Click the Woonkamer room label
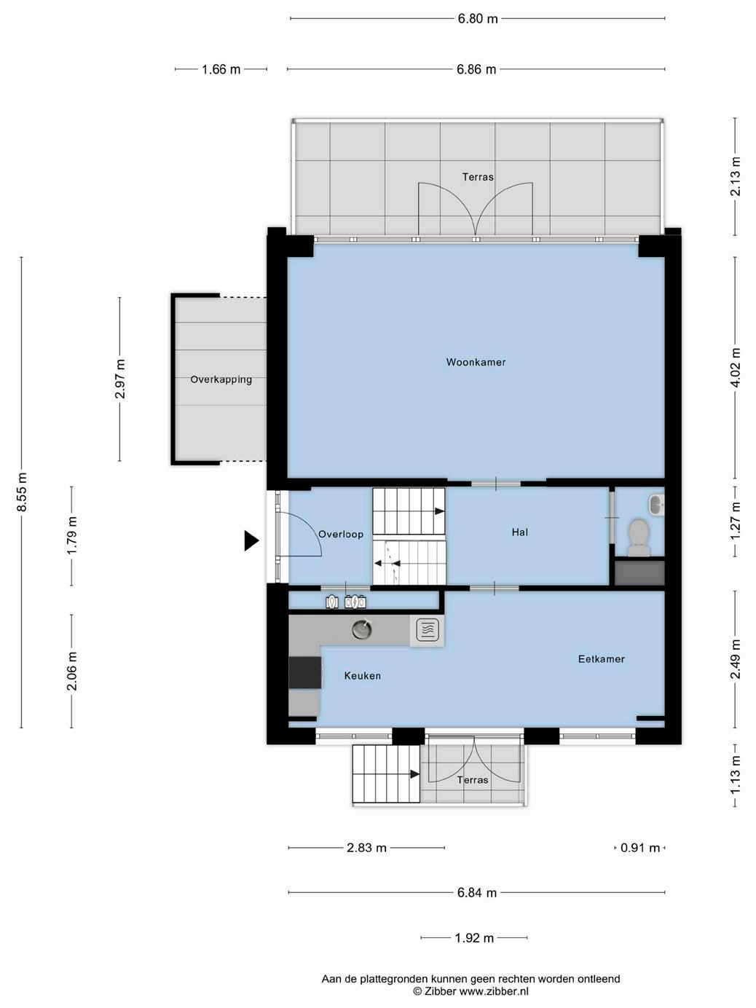pyautogui.click(x=476, y=362)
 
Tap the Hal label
pyautogui.click(x=519, y=532)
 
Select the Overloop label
pyautogui.click(x=341, y=534)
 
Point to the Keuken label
pyautogui.click(x=362, y=676)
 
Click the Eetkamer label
pyautogui.click(x=602, y=659)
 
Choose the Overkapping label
pyautogui.click(x=221, y=379)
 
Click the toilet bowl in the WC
pyautogui.click(x=639, y=538)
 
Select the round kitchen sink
pyautogui.click(x=362, y=629)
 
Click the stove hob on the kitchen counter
pyautogui.click(x=428, y=629)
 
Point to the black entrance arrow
pyautogui.click(x=251, y=540)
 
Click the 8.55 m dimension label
pyautogui.click(x=22, y=492)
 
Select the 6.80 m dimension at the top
pyautogui.click(x=477, y=19)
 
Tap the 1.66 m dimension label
pyautogui.click(x=221, y=69)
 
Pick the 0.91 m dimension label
pyautogui.click(x=640, y=848)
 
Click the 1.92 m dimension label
pyautogui.click(x=474, y=938)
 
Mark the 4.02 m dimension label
pyautogui.click(x=736, y=367)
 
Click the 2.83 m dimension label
pyautogui.click(x=366, y=848)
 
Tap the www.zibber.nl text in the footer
pyautogui.click(x=494, y=991)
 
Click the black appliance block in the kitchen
pyautogui.click(x=304, y=673)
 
